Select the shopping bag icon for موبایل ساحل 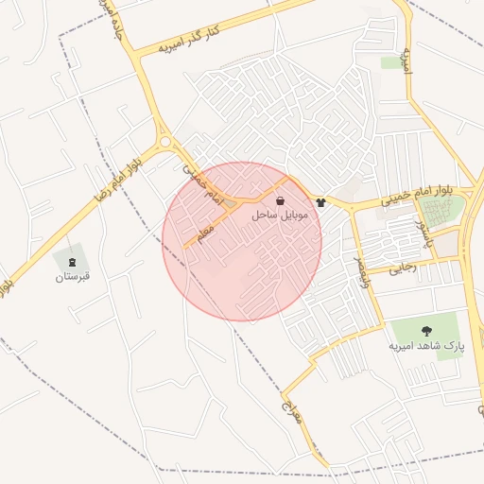coord(281,200)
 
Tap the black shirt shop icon coord(321,201)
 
